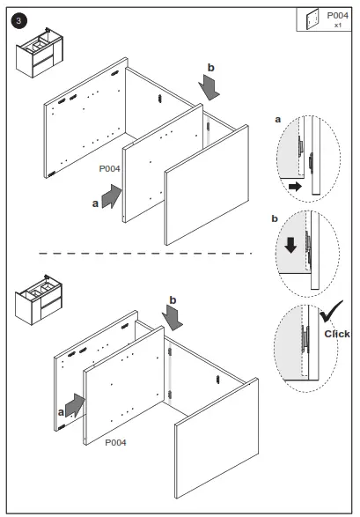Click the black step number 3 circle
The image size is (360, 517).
18,21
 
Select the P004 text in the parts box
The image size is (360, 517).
337,15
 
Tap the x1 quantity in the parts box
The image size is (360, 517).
338,25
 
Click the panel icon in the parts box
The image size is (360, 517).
312,19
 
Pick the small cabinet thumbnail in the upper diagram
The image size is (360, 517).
40,53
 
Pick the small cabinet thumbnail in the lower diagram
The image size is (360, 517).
39,299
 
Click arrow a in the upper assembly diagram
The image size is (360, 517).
111,196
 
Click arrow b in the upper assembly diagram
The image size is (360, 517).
209,87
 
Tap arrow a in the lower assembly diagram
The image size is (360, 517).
75,405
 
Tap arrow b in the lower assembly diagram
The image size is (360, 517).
173,318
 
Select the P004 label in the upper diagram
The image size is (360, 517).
109,169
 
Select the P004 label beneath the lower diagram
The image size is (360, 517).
115,442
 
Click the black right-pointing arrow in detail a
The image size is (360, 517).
295,187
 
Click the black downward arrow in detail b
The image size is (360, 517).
290,246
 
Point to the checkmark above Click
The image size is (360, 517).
330,311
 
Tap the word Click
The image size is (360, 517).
337,334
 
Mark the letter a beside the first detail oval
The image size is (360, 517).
278,120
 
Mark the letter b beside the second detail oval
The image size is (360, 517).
275,218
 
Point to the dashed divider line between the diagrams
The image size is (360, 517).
145,254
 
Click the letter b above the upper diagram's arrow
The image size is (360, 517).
210,68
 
